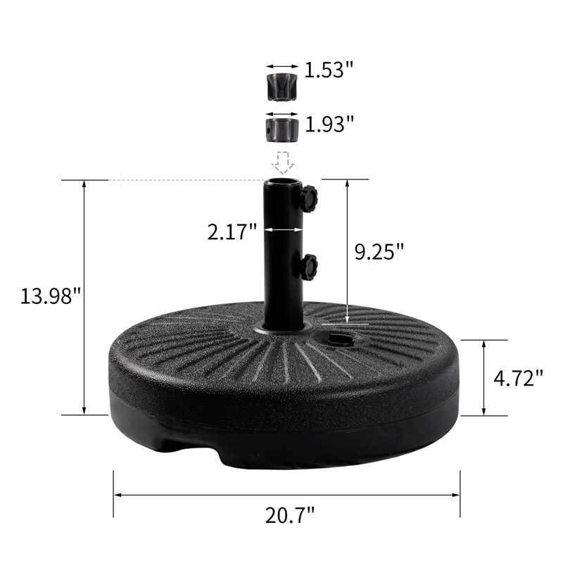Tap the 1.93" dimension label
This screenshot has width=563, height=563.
click(329, 124)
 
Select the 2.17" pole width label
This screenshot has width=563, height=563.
click(232, 232)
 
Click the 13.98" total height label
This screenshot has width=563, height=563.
click(50, 296)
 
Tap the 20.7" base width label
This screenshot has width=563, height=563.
click(289, 515)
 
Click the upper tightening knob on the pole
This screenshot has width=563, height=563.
click(308, 198)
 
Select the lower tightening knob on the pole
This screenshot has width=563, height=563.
click(308, 267)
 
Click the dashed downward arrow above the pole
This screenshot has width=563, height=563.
click(283, 163)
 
